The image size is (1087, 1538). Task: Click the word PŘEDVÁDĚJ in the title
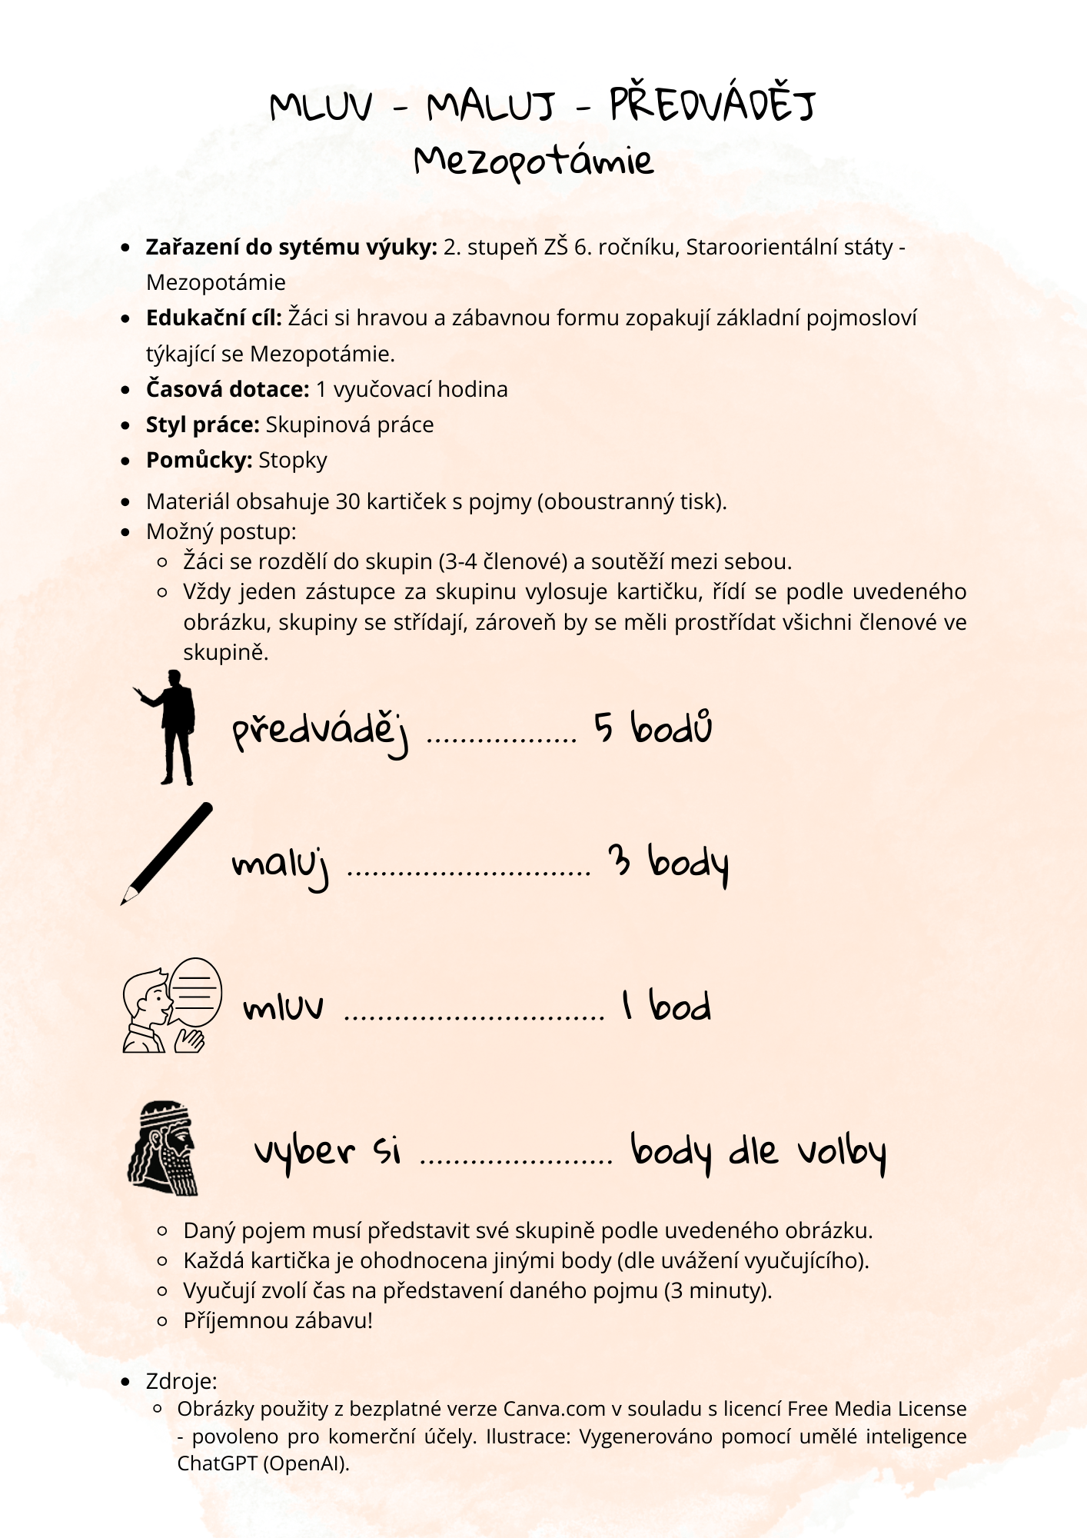(712, 105)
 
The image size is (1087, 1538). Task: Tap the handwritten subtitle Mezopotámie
(534, 161)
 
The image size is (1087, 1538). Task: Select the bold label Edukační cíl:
(214, 318)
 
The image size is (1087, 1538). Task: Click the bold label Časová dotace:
(228, 389)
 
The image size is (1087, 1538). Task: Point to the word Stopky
(293, 460)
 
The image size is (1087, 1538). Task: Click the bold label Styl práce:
(203, 424)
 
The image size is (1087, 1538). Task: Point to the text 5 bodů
(653, 727)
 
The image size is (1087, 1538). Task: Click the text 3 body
(667, 864)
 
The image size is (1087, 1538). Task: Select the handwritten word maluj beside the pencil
(281, 866)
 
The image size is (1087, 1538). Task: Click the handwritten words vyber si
(327, 1152)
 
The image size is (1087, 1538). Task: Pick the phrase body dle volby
(758, 1152)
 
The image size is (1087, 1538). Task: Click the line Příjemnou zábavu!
(278, 1321)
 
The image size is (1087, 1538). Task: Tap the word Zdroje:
(181, 1381)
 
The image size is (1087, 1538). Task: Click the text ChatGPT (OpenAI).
(263, 1463)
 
